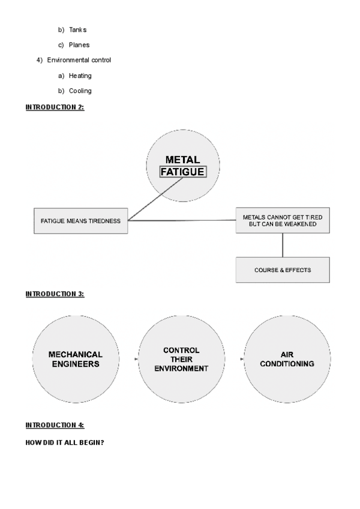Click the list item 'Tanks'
(x=77, y=29)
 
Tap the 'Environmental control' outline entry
(x=79, y=60)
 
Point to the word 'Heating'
(x=80, y=76)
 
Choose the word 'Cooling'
(x=80, y=91)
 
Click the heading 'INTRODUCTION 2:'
(x=55, y=107)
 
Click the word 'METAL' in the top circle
(x=182, y=160)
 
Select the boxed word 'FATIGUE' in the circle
(x=182, y=172)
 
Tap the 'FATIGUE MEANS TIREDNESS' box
(x=80, y=221)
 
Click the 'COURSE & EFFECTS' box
(x=282, y=270)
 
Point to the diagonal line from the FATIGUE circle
(x=156, y=200)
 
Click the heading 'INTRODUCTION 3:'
(x=55, y=294)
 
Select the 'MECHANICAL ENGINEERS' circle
(x=75, y=359)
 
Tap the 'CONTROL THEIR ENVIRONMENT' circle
(x=181, y=359)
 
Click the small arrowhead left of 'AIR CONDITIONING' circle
(x=242, y=359)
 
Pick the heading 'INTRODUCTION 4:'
(x=55, y=425)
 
